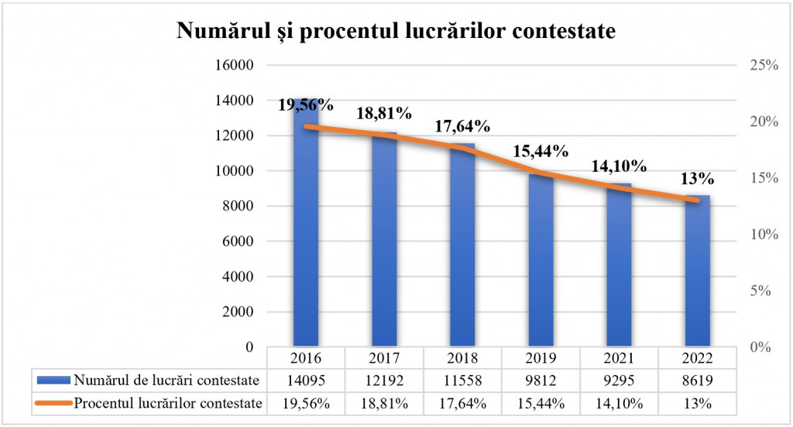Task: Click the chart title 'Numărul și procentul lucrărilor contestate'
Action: pyautogui.click(x=396, y=31)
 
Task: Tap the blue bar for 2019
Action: pyautogui.click(x=541, y=263)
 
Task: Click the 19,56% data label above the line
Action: pyautogui.click(x=306, y=105)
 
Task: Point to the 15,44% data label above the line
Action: pyautogui.click(x=541, y=151)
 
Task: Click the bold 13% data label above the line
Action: pyautogui.click(x=697, y=179)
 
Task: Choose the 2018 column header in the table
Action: pyautogui.click(x=462, y=359)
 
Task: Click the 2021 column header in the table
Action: pyautogui.click(x=619, y=359)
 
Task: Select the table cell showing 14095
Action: pyautogui.click(x=306, y=381)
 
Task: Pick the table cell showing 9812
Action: pyautogui.click(x=541, y=381)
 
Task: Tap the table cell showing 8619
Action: pyautogui.click(x=697, y=381)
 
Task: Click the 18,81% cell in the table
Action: pyautogui.click(x=384, y=403)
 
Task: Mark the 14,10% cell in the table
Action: pyautogui.click(x=619, y=403)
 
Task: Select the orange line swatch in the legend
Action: pyautogui.click(x=53, y=403)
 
